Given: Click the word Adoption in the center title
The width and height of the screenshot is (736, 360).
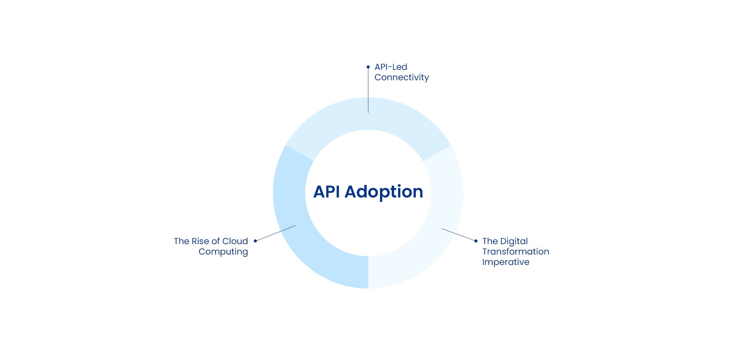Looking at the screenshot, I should tap(384, 192).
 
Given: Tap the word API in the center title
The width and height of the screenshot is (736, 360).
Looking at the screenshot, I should tap(326, 192).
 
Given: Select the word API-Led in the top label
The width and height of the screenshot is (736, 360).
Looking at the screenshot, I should tap(391, 67).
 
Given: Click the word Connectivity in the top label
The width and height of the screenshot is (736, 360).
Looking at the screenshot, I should tap(402, 77).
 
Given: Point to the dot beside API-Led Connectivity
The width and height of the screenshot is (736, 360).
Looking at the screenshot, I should tap(368, 67).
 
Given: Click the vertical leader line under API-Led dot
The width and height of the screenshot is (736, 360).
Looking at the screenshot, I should tap(368, 91).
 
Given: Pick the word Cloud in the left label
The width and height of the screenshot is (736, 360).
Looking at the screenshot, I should tap(235, 241).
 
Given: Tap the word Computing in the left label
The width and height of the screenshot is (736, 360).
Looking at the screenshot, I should tap(223, 252).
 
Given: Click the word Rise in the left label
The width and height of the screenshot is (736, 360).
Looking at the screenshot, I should tap(200, 241).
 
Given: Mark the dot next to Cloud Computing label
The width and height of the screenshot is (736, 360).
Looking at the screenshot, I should tap(256, 241).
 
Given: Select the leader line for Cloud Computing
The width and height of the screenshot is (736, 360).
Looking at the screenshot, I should tap(275, 233).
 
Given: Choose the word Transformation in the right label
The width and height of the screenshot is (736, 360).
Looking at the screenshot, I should tap(516, 252).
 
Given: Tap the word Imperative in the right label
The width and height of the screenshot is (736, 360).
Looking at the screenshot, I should tap(506, 262).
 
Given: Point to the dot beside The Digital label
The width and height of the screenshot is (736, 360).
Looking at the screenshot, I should tap(476, 241).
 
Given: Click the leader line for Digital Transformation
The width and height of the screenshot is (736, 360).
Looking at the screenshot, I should tap(459, 234).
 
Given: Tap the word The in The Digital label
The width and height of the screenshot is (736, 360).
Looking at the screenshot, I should tap(490, 241).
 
